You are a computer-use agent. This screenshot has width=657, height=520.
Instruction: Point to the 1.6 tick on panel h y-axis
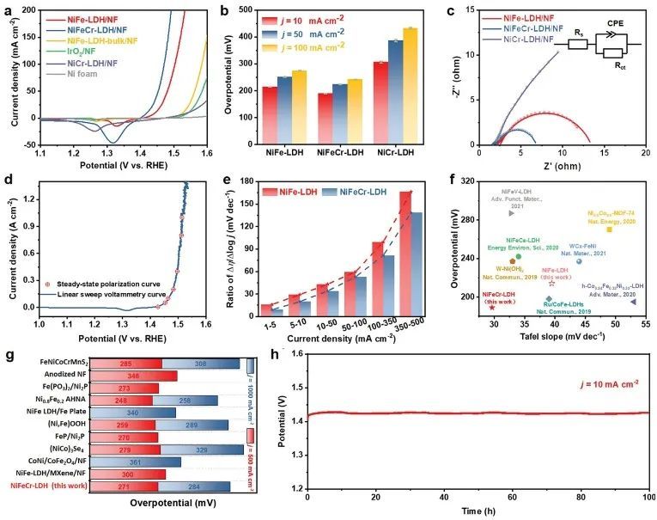click(x=292, y=354)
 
